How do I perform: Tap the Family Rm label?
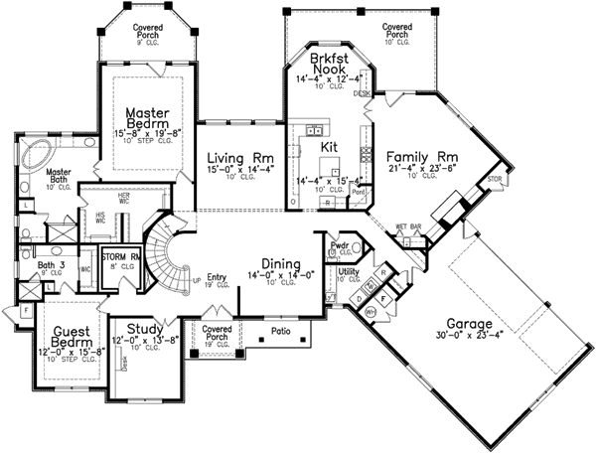click(x=420, y=156)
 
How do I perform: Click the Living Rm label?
click(x=233, y=157)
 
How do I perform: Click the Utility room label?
click(x=349, y=270)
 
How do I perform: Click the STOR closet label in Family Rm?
click(x=496, y=179)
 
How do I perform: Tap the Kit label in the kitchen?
click(x=331, y=146)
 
